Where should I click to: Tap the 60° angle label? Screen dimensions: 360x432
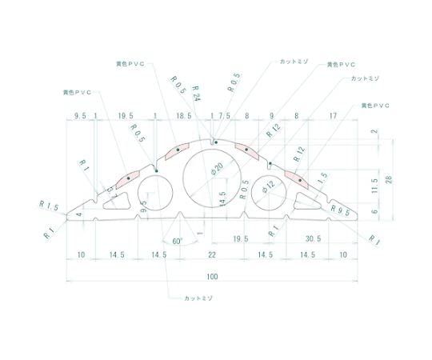(177, 241)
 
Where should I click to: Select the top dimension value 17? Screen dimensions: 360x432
(332, 115)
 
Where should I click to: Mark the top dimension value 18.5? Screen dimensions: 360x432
(183, 115)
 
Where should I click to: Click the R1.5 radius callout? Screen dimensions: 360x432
(49, 207)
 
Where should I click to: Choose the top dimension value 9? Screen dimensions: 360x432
(271, 115)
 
